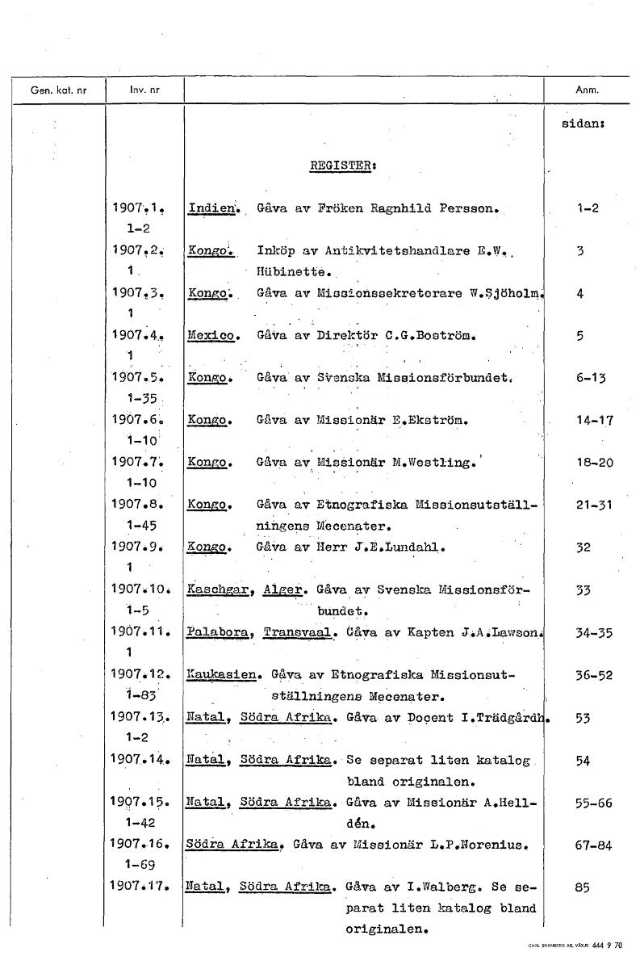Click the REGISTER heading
tap(344, 167)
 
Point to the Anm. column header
tap(586, 89)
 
